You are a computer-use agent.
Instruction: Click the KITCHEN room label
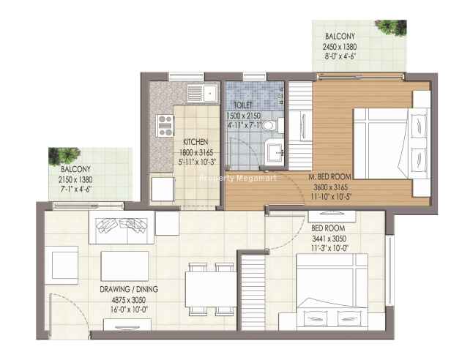(x=195, y=142)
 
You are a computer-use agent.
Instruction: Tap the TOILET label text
(x=243, y=105)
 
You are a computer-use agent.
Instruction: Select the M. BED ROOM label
(x=329, y=177)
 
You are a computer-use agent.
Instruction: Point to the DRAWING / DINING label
(x=129, y=289)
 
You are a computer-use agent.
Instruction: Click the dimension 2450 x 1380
(x=340, y=47)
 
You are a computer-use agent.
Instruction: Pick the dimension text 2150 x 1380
(x=75, y=179)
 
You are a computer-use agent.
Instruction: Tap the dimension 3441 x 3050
(x=329, y=239)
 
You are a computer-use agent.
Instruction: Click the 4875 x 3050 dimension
(x=129, y=300)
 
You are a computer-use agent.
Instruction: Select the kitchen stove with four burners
(x=165, y=126)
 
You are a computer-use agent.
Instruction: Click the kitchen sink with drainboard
(x=203, y=93)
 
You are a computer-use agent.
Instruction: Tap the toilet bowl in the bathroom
(x=272, y=125)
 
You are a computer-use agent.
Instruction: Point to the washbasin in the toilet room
(x=275, y=153)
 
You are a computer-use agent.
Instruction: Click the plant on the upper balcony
(x=391, y=27)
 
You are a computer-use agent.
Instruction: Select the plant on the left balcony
(x=64, y=156)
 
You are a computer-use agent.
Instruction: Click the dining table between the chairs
(x=211, y=290)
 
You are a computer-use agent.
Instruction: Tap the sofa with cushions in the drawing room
(x=122, y=228)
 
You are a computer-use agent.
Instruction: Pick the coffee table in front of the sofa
(x=124, y=266)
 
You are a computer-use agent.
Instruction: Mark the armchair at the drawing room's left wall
(x=62, y=265)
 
